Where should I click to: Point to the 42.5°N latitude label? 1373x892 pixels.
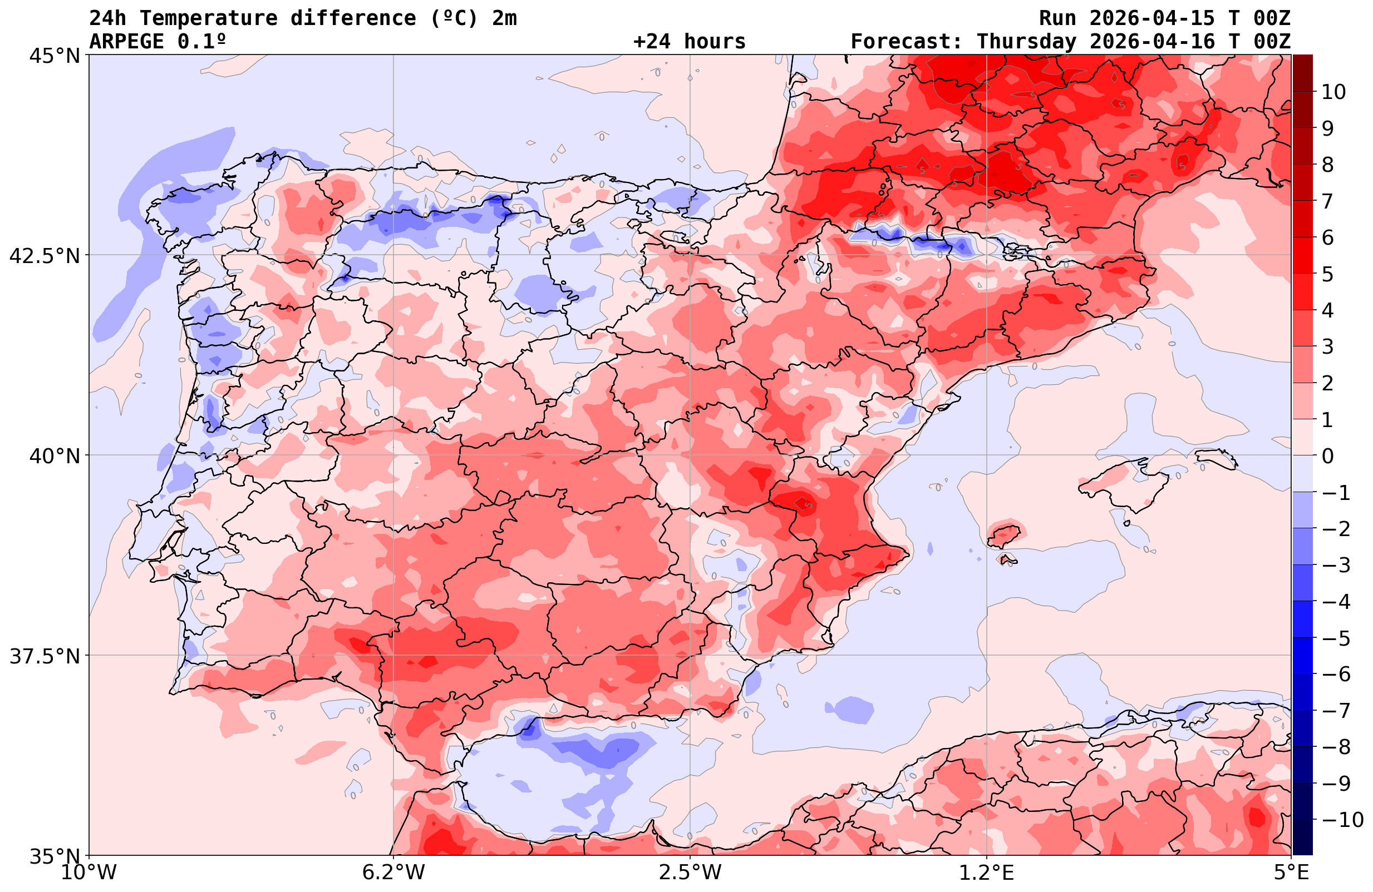click(45, 255)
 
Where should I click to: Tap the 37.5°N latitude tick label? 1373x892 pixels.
click(45, 656)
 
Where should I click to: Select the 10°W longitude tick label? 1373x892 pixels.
click(89, 873)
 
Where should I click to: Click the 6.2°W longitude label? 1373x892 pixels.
click(393, 873)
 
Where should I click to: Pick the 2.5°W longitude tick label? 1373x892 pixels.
click(691, 873)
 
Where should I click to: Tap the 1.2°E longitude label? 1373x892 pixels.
click(987, 873)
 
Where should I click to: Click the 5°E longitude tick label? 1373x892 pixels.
click(1291, 873)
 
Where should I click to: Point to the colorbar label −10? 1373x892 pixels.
click(1341, 819)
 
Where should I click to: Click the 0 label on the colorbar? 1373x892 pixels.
click(1327, 456)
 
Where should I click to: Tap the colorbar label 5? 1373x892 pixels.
click(1327, 274)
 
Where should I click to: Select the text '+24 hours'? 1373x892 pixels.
click(690, 42)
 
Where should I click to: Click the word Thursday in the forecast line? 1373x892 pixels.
click(1026, 42)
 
